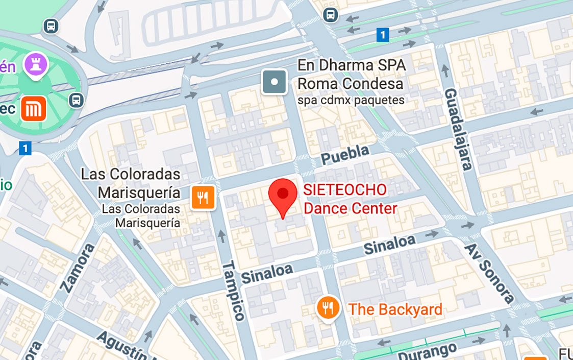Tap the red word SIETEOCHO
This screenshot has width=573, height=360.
345,190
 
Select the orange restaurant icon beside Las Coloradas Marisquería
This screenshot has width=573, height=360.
203,197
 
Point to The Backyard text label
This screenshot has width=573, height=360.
395,309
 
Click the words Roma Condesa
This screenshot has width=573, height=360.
351,83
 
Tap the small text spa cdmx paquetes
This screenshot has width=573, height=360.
351,100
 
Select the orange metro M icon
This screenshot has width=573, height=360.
34,109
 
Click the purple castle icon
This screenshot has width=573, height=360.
37,64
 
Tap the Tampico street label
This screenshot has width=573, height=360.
234,291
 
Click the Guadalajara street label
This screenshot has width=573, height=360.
458,129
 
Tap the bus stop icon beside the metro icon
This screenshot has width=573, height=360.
77,100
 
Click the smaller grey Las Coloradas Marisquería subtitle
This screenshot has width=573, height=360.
141,216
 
